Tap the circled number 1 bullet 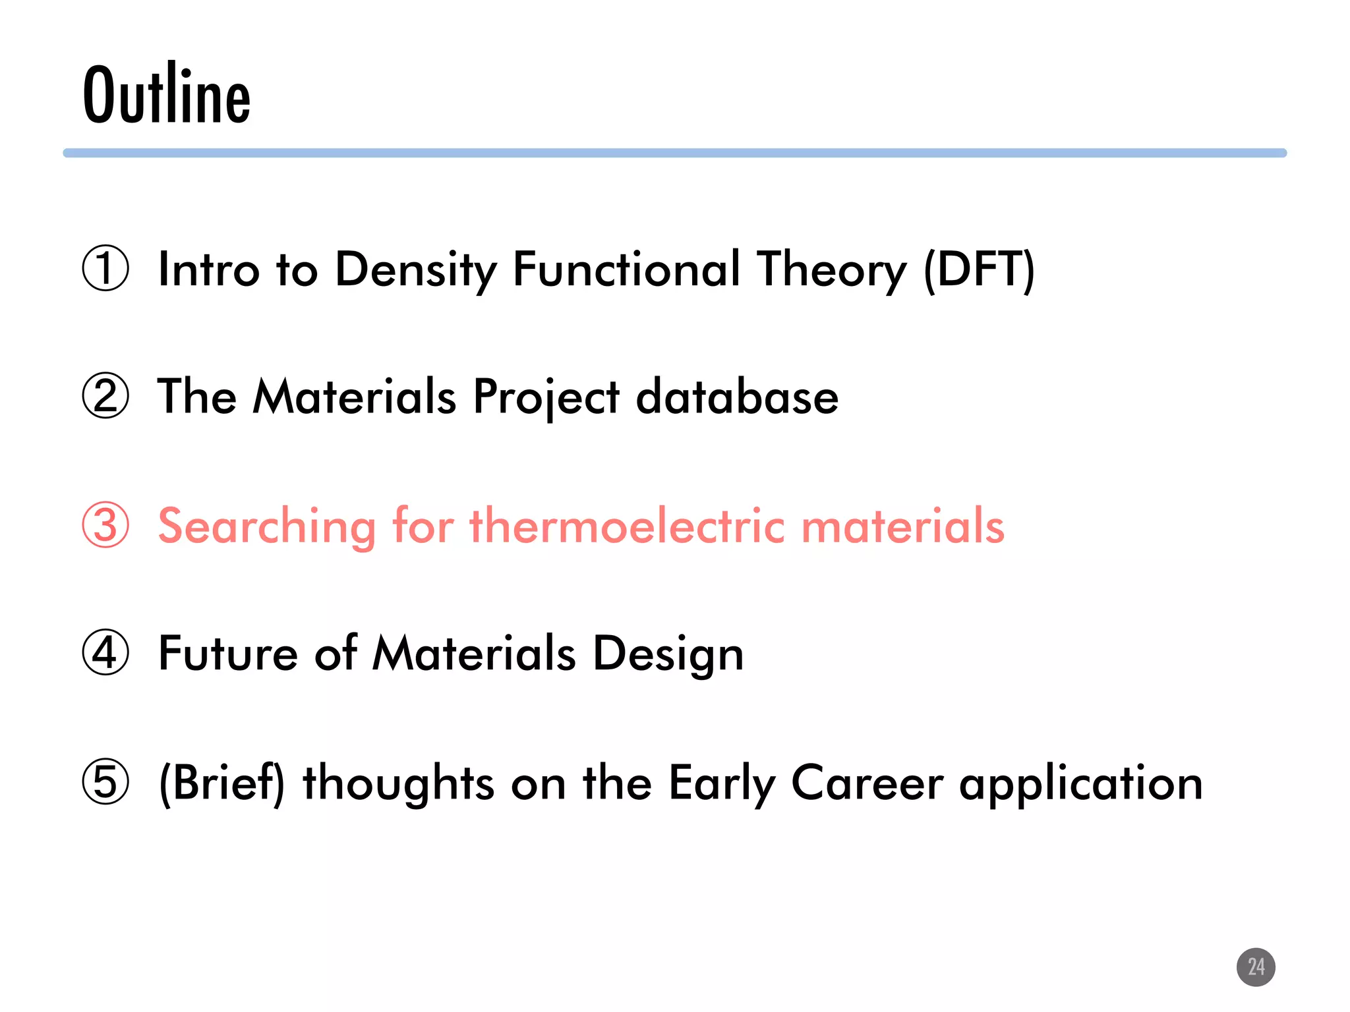[x=105, y=268]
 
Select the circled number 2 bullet [x=105, y=396]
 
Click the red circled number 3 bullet [x=105, y=525]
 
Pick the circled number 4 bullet [x=105, y=653]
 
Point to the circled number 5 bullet [x=105, y=782]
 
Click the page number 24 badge [x=1256, y=967]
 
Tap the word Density [x=415, y=269]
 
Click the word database [x=737, y=397]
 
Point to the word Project [x=546, y=398]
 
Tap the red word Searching [x=267, y=526]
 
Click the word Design [x=668, y=654]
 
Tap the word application [x=1081, y=783]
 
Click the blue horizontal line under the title [x=675, y=153]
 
